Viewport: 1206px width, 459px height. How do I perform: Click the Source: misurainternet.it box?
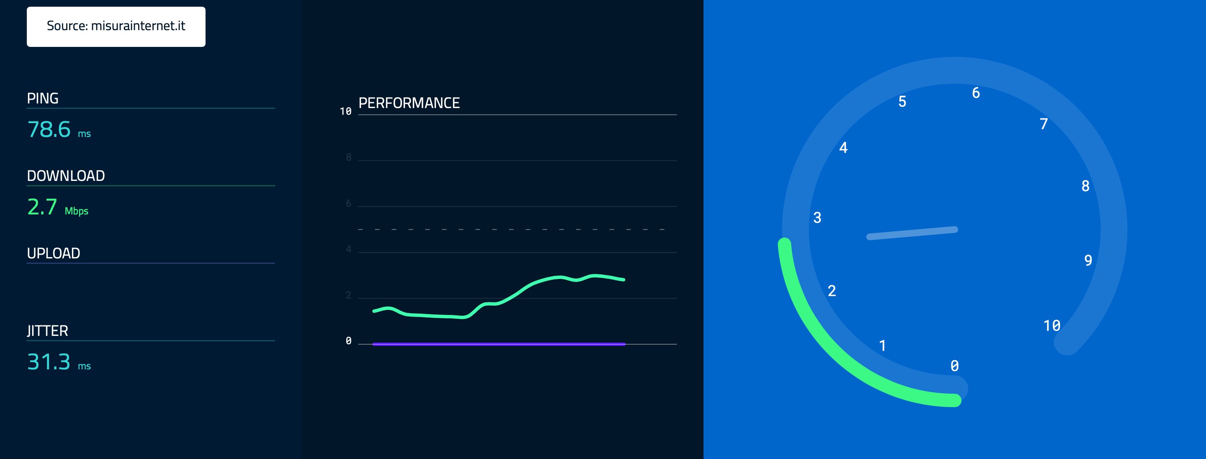pos(116,26)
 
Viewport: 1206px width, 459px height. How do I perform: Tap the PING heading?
pos(43,98)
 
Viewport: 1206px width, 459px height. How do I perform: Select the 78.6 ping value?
pos(49,129)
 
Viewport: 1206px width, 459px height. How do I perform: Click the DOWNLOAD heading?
pos(66,175)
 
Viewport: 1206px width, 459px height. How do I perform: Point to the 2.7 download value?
pos(42,207)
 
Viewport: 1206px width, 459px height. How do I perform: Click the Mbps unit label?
pos(76,211)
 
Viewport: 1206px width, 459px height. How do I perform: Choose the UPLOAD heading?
pos(53,253)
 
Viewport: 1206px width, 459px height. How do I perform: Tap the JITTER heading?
pos(47,331)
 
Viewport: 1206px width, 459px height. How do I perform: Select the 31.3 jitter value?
pos(49,362)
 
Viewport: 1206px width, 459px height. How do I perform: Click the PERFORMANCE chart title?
pos(409,103)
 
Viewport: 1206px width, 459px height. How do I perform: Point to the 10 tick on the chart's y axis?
pos(345,111)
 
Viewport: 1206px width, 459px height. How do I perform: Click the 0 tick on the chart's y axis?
pos(348,341)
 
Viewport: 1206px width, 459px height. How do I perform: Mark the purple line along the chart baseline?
pos(499,344)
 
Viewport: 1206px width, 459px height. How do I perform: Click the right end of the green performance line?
pos(623,280)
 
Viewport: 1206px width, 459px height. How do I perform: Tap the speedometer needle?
pos(912,233)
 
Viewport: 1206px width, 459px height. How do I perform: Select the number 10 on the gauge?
pos(1051,325)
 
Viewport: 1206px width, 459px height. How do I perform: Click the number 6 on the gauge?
pos(976,93)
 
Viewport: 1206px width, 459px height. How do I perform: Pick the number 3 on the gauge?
pos(817,218)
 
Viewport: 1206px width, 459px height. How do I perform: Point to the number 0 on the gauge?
pos(955,366)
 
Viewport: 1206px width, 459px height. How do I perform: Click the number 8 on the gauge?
pos(1085,186)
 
